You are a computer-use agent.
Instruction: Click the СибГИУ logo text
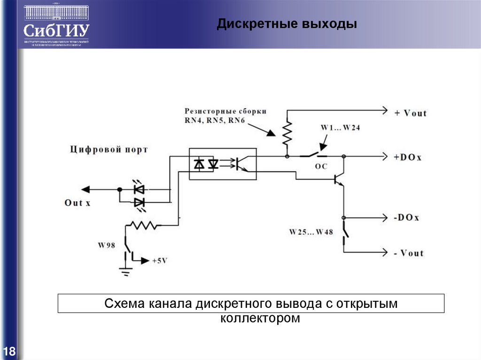(56, 31)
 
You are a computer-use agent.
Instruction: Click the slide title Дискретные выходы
(287, 24)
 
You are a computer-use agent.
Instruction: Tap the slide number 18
(9, 351)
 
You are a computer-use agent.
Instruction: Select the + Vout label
(411, 113)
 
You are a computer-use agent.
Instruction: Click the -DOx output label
(407, 218)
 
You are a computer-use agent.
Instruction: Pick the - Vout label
(409, 253)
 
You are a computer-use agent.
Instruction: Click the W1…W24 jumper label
(340, 128)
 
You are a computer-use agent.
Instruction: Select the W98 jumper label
(107, 245)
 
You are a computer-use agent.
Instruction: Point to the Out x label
(77, 203)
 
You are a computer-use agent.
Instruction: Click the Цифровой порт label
(109, 150)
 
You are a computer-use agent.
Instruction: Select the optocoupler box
(223, 164)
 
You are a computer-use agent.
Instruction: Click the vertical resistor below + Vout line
(287, 132)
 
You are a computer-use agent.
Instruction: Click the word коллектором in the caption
(260, 318)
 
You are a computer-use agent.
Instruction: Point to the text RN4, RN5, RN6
(215, 121)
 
